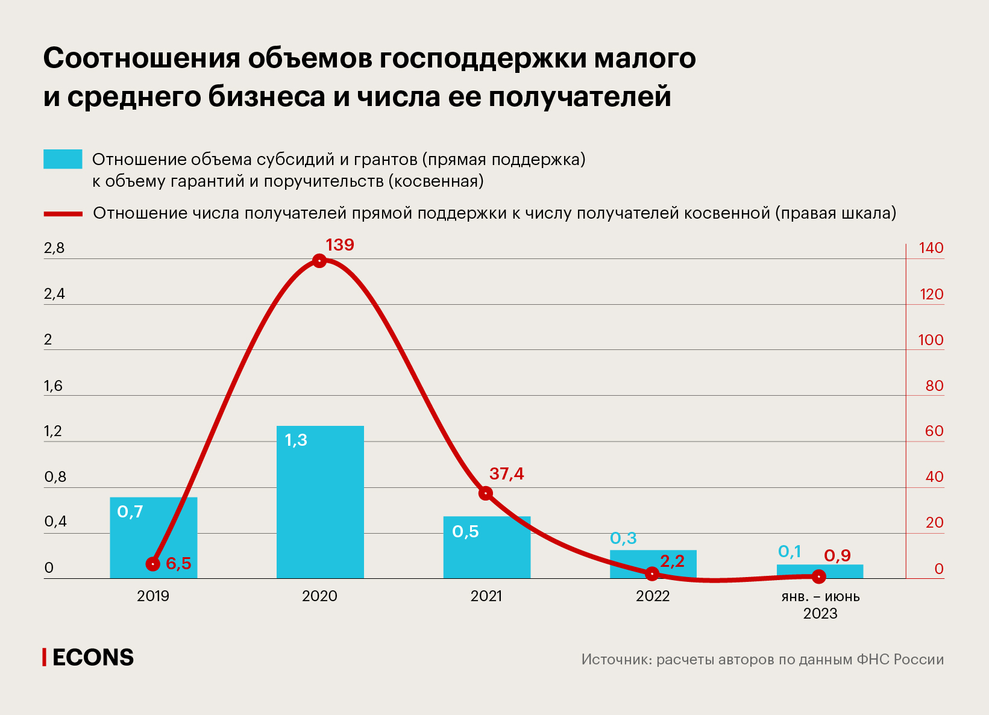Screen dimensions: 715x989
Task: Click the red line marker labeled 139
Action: (x=319, y=261)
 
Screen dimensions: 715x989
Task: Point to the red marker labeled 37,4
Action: (x=486, y=493)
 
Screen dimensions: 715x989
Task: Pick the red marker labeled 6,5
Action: (x=153, y=564)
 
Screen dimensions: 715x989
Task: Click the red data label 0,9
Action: (x=837, y=555)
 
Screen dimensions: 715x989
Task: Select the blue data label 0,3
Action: (x=623, y=538)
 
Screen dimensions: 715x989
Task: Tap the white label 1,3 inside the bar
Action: (x=296, y=440)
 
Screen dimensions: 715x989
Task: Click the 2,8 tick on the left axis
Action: (x=54, y=248)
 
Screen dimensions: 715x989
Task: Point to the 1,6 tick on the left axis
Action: (x=53, y=386)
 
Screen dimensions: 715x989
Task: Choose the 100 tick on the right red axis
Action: (x=930, y=340)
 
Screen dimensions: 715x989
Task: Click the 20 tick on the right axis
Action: (x=934, y=522)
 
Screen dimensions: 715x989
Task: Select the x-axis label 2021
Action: (x=486, y=596)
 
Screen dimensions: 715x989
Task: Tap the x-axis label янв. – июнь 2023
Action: (x=820, y=605)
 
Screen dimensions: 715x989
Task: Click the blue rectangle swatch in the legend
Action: (x=63, y=159)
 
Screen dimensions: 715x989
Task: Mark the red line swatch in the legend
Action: (x=63, y=213)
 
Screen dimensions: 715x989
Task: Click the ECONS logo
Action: (x=89, y=657)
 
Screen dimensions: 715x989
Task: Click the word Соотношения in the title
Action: (x=141, y=58)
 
